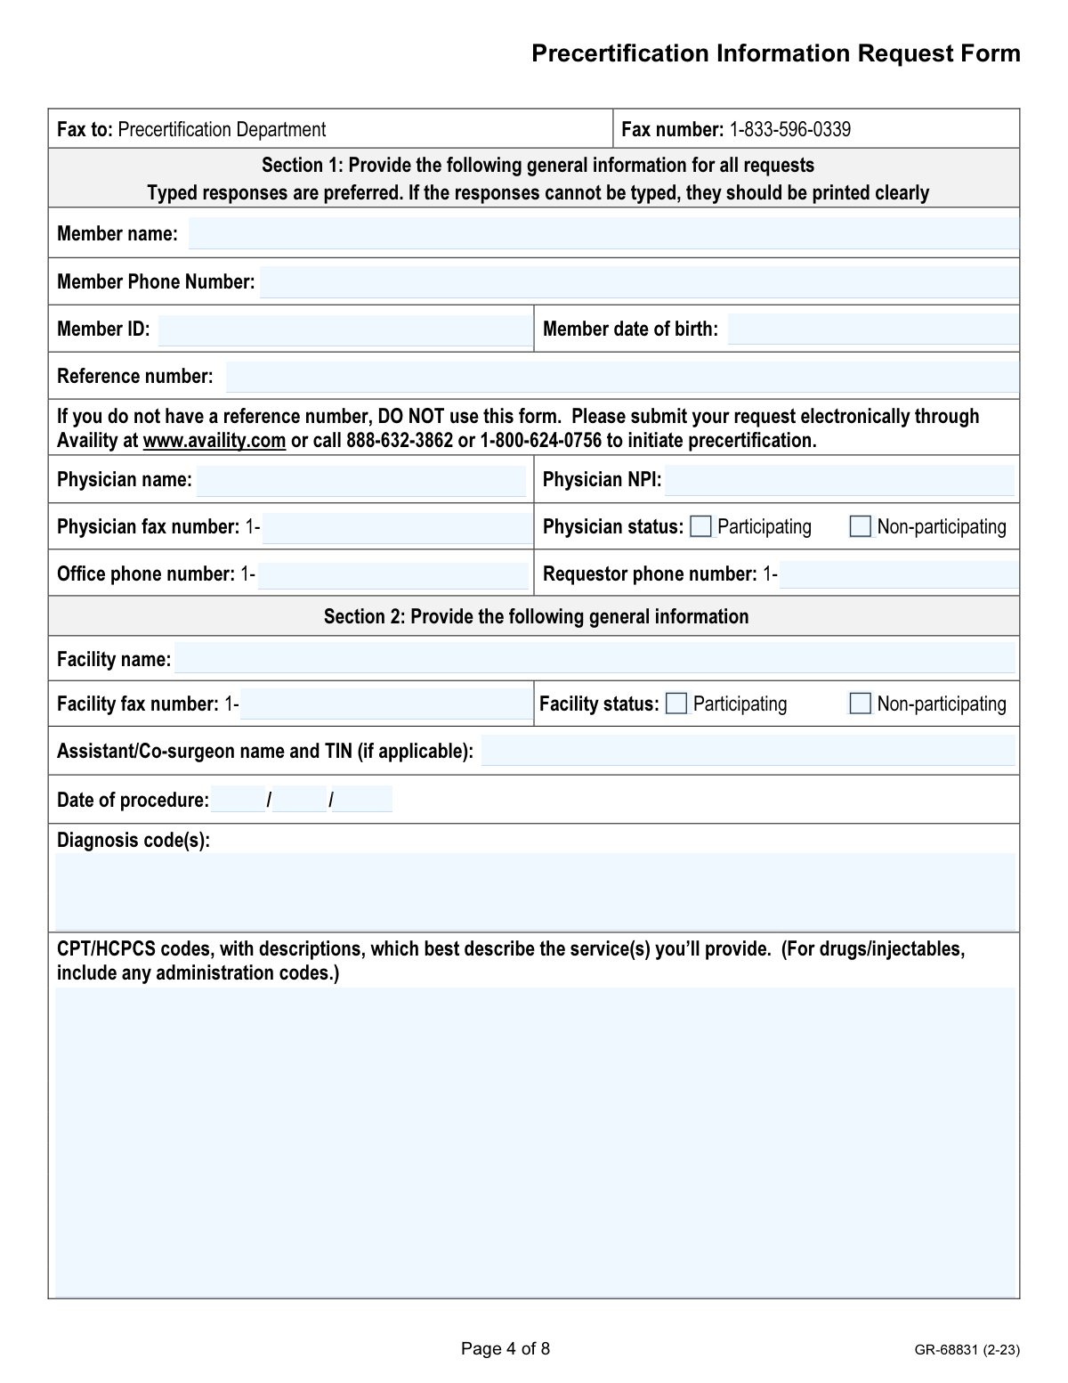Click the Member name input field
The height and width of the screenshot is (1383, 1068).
pyautogui.click(x=603, y=233)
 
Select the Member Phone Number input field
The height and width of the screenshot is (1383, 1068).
pyautogui.click(x=638, y=282)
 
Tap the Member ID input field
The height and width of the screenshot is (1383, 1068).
pyautogui.click(x=344, y=329)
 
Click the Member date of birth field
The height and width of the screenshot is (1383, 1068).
pyautogui.click(x=872, y=329)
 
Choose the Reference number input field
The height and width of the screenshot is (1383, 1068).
pyautogui.click(x=621, y=377)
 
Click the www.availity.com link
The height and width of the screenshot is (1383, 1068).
pyautogui.click(x=214, y=441)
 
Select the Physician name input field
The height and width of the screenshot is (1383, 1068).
pyautogui.click(x=360, y=481)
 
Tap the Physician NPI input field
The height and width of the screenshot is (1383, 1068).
pyautogui.click(x=838, y=481)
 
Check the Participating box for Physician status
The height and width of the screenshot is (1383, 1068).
pyautogui.click(x=701, y=527)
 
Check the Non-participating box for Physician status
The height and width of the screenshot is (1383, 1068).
pyautogui.click(x=861, y=527)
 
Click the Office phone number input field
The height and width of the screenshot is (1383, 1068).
pyautogui.click(x=392, y=575)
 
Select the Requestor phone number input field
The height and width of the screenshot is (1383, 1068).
pyautogui.click(x=898, y=575)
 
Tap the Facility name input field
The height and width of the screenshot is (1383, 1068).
pyautogui.click(x=594, y=659)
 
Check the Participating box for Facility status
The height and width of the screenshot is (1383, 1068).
pyautogui.click(x=677, y=704)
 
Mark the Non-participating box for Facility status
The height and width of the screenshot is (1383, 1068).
pyautogui.click(x=861, y=704)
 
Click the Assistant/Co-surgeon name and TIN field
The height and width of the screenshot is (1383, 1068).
pyautogui.click(x=748, y=752)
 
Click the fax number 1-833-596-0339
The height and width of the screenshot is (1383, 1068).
pyautogui.click(x=789, y=130)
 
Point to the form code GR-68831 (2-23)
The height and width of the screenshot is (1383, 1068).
pyautogui.click(x=967, y=1350)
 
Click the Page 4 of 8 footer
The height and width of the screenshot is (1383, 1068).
pyautogui.click(x=506, y=1349)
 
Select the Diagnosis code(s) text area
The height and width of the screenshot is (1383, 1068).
pyautogui.click(x=534, y=891)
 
